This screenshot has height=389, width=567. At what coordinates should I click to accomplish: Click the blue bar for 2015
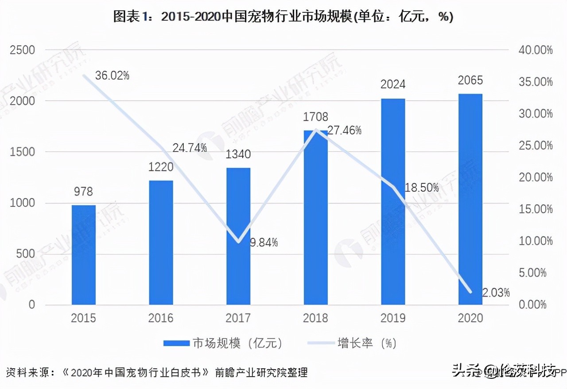point(83,255)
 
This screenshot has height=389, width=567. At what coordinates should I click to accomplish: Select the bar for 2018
point(316,217)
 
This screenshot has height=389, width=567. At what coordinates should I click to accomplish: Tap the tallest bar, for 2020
point(470,199)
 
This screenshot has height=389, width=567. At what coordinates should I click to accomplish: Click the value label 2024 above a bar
point(393,84)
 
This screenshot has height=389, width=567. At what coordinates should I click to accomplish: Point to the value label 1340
point(238,154)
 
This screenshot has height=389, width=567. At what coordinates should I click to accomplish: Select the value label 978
point(83,191)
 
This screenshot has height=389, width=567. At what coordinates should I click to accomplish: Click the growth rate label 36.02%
point(112,76)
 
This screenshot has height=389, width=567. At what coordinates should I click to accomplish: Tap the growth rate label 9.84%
point(264,242)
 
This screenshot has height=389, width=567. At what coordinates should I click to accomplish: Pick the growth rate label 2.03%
point(495,292)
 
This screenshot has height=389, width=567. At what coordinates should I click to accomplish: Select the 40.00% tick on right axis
point(535,50)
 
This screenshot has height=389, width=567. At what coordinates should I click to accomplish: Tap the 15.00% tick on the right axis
point(535,209)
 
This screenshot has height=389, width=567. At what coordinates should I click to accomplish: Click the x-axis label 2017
point(238,318)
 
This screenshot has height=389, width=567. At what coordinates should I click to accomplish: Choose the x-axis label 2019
point(393,318)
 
